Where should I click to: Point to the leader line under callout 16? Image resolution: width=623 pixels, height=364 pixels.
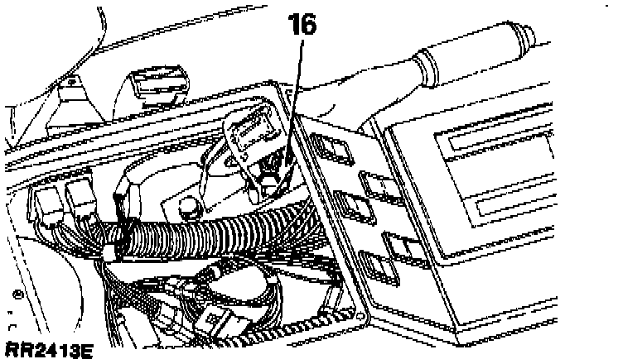point(295,99)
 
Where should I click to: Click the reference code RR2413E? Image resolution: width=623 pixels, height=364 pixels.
point(47,352)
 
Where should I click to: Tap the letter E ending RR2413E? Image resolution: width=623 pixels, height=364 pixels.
point(85,352)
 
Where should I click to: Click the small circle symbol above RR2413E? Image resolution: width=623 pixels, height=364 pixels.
point(17,293)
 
